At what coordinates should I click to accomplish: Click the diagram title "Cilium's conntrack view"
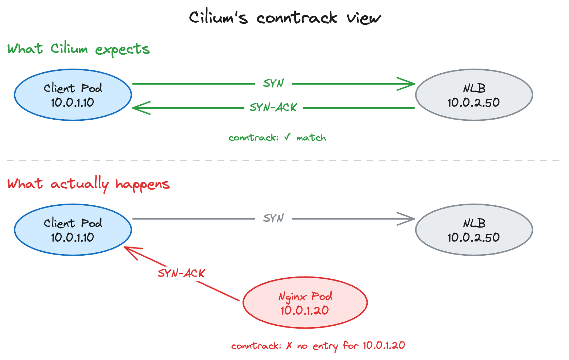284,18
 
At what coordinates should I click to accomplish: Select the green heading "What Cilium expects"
78,49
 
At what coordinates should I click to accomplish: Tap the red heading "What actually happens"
88,184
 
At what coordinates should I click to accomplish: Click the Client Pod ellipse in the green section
73,95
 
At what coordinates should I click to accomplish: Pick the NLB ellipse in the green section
474,95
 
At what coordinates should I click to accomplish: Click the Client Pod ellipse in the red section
73,230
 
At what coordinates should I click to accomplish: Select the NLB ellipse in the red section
474,230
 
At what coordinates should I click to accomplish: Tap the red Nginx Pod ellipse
305,303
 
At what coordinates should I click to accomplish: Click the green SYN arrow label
274,84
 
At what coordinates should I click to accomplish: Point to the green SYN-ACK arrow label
274,108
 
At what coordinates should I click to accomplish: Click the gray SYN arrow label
274,218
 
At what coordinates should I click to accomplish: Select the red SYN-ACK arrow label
181,273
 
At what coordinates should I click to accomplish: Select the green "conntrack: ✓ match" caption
277,138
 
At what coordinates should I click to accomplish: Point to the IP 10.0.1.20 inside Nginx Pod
305,310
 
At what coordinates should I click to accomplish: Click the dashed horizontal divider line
284,160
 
